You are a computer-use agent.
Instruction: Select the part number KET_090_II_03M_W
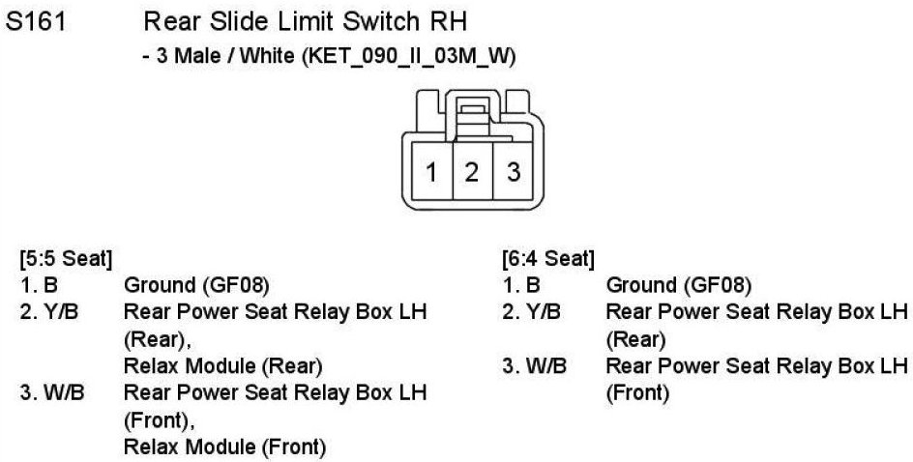(406, 57)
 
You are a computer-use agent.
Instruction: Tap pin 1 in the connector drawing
(432, 173)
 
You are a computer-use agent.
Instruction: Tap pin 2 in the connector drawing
(472, 173)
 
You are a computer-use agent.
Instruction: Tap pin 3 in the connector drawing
(514, 173)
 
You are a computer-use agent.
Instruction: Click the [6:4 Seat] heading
(547, 260)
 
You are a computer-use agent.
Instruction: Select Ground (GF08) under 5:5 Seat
(196, 285)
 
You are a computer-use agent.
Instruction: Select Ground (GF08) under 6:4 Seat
(678, 285)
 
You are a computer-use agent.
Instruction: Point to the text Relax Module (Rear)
(222, 366)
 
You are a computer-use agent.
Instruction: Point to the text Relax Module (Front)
(224, 447)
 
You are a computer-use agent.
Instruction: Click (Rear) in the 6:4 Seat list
(634, 339)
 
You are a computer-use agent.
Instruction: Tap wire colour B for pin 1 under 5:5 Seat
(49, 285)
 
